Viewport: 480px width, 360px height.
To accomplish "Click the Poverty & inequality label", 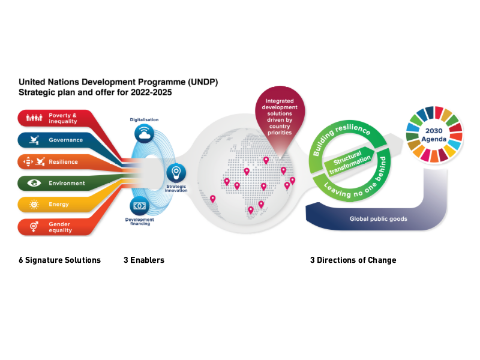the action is [63, 118].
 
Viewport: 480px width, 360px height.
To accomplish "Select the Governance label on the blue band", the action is [66, 140].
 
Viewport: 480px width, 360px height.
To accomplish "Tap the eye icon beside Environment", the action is [34, 183].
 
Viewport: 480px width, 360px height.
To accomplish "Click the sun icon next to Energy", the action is [34, 204].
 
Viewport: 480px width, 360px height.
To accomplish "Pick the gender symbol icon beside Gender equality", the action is [34, 227].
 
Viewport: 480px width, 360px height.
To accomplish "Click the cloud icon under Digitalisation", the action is [144, 133].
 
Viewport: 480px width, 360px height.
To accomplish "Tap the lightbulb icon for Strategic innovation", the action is [176, 173].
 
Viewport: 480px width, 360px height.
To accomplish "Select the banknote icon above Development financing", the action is [140, 206].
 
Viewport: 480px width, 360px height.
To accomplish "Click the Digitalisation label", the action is [144, 119].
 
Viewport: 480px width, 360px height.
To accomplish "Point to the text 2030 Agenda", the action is [434, 134].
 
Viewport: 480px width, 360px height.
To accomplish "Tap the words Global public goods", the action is [379, 218].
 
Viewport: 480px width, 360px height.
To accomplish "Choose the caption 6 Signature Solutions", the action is [59, 260].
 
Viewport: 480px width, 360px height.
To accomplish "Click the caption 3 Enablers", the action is [144, 260].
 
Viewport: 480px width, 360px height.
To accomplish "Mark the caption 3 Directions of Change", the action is [353, 260].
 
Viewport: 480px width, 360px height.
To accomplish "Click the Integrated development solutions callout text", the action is [280, 116].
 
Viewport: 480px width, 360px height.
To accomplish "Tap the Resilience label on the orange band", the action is [64, 161].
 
